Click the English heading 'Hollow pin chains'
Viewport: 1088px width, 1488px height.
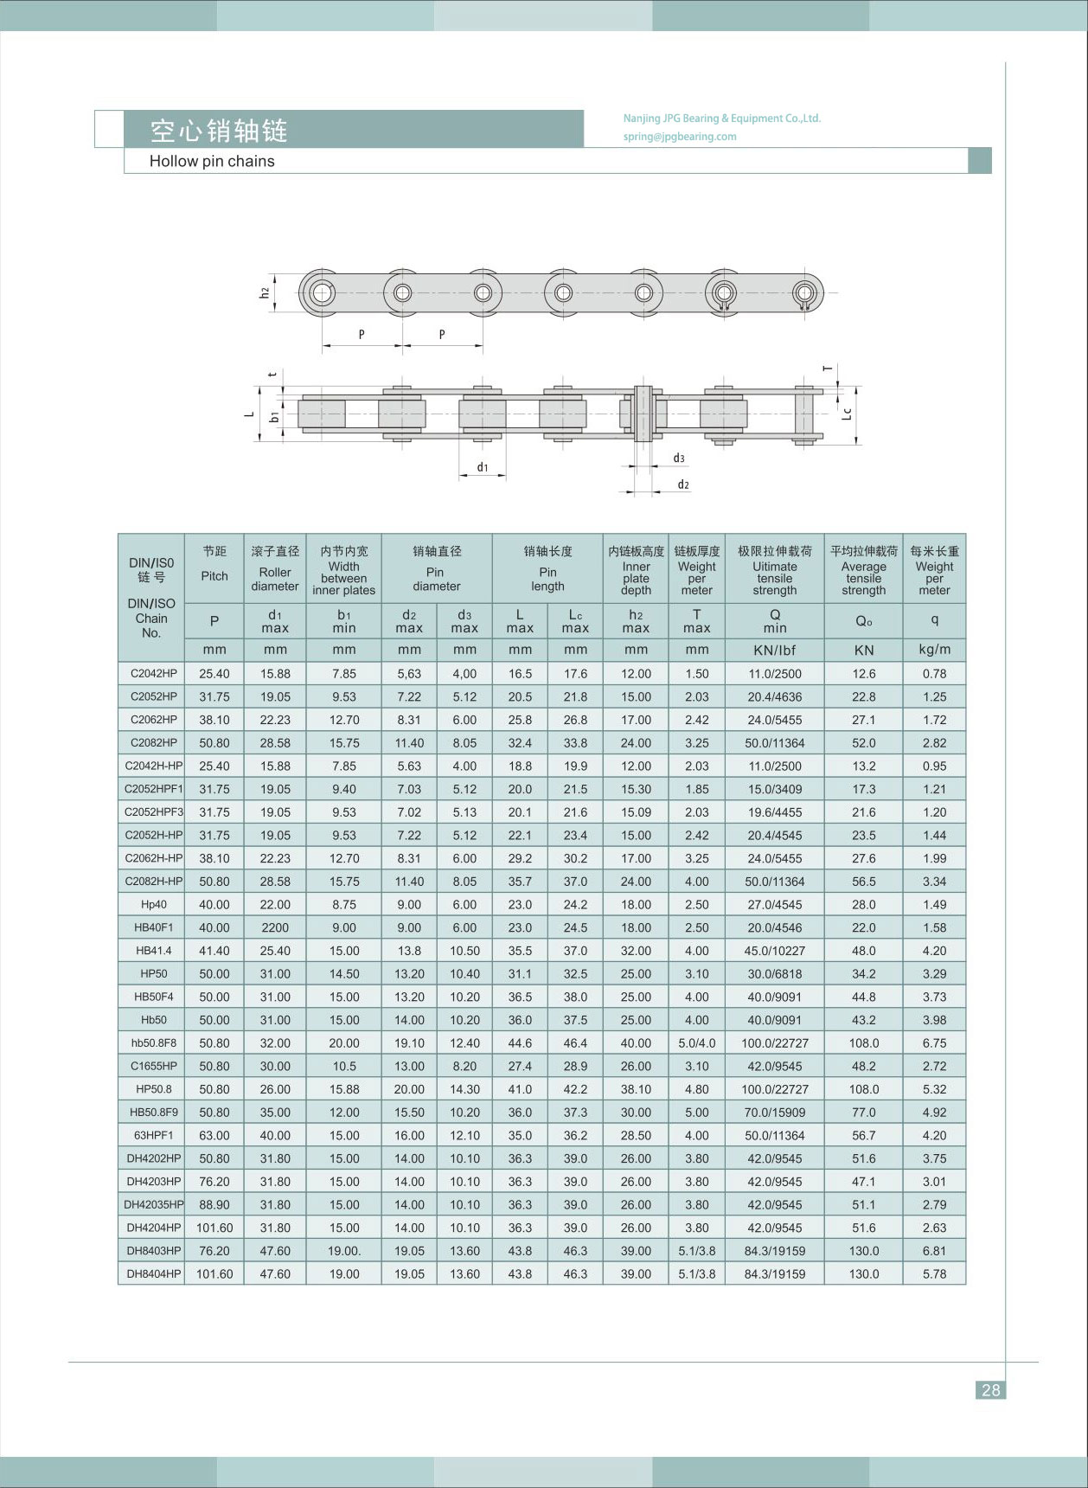[x=212, y=162]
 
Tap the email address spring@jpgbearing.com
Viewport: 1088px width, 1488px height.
[x=680, y=137]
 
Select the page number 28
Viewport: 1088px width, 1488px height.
[x=990, y=1390]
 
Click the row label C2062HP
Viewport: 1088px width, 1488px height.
[x=154, y=720]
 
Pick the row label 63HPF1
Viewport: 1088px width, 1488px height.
[x=154, y=1135]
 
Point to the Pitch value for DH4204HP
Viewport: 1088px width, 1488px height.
[x=214, y=1228]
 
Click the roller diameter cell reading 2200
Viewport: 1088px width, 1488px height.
[x=275, y=927]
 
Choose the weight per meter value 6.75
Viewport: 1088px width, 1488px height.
[x=934, y=1043]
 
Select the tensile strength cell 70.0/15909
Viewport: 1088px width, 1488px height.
[x=775, y=1113]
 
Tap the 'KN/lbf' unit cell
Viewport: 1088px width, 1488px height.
[x=775, y=650]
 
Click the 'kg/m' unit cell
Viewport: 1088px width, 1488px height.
[x=934, y=650]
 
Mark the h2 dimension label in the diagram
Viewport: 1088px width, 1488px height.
[x=265, y=292]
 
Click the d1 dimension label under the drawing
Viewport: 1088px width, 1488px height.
[x=483, y=468]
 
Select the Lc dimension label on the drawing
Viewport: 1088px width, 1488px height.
[x=848, y=414]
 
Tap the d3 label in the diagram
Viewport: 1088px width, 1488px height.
[x=679, y=459]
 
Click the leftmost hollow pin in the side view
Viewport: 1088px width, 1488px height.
[x=322, y=292]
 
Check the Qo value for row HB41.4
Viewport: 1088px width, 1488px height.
[x=863, y=951]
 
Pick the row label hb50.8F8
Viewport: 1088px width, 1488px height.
[x=154, y=1043]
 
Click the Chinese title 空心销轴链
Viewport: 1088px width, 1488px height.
[x=219, y=131]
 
